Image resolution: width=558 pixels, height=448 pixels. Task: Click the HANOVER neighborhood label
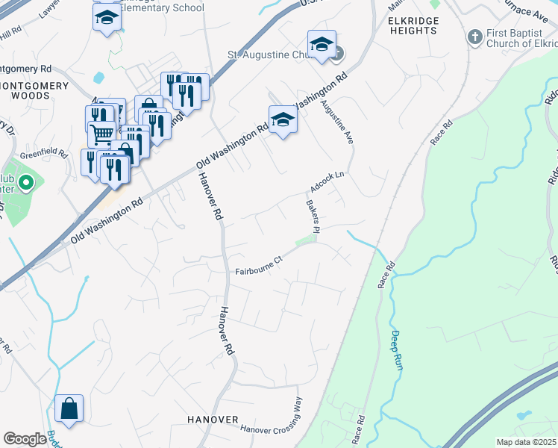click(x=213, y=420)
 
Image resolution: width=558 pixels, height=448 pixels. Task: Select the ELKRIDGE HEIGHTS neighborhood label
click(x=413, y=25)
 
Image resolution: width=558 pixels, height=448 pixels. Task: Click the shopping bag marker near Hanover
click(x=69, y=409)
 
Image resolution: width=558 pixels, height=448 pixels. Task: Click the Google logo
click(x=25, y=439)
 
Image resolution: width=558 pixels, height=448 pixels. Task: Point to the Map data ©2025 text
click(x=527, y=442)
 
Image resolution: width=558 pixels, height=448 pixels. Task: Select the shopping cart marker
click(x=101, y=134)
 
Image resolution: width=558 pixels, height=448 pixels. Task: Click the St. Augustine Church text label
click(x=272, y=55)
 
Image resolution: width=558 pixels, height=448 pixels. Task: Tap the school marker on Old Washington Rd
click(x=283, y=119)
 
